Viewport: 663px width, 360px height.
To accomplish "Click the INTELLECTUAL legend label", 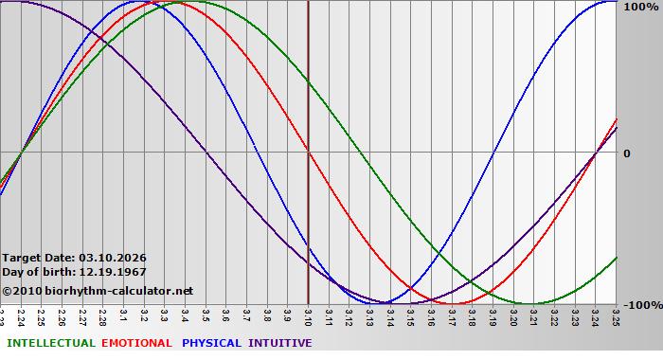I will coord(49,343).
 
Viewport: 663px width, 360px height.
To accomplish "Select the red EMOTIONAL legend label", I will coord(136,343).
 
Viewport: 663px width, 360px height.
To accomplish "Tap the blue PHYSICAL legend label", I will coord(212,343).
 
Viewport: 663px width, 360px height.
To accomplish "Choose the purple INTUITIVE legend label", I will coord(279,343).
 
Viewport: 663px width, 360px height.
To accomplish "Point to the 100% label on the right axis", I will coord(638,7).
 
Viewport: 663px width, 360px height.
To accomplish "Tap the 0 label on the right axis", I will coord(626,153).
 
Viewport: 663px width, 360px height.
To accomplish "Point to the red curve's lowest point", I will coord(453,303).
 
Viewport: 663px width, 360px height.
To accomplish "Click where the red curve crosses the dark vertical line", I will coord(308,152).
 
